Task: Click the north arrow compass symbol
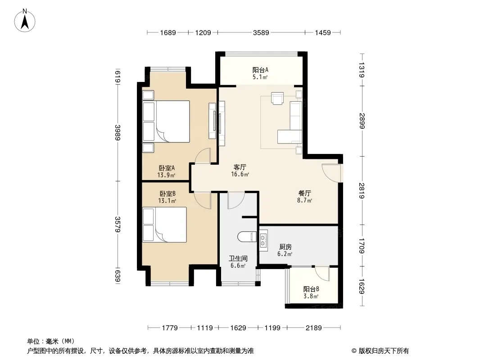(x=25, y=21)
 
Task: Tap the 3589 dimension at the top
(x=261, y=32)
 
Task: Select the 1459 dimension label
(x=323, y=32)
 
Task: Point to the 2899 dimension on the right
(x=362, y=121)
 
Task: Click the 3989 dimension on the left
(x=118, y=132)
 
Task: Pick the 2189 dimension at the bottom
(x=313, y=328)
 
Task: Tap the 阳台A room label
(x=260, y=70)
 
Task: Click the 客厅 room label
(x=240, y=167)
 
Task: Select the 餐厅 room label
(x=304, y=193)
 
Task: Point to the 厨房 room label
(x=285, y=247)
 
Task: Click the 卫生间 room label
(x=238, y=258)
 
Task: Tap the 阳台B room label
(x=311, y=289)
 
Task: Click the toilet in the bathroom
(x=247, y=236)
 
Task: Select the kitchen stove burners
(x=263, y=240)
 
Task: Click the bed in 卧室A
(x=166, y=121)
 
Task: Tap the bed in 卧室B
(x=165, y=225)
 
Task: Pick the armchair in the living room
(x=277, y=98)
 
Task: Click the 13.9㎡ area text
(x=166, y=175)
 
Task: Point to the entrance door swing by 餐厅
(x=331, y=173)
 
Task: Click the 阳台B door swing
(x=322, y=273)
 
